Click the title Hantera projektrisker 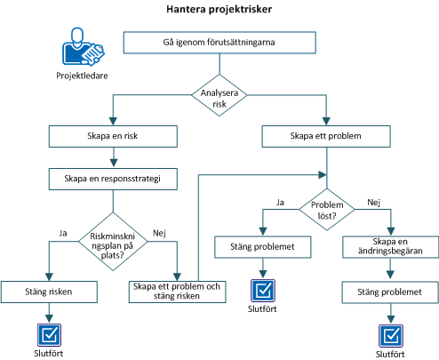pyautogui.click(x=219, y=11)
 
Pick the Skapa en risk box pyautogui.click(x=111, y=136)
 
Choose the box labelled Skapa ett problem pyautogui.click(x=326, y=136)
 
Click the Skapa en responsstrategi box pyautogui.click(x=111, y=178)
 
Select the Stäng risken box pyautogui.click(x=48, y=291)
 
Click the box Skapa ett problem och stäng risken pyautogui.click(x=176, y=291)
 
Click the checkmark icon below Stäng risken pyautogui.click(x=48, y=334)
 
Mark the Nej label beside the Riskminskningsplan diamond pyautogui.click(x=159, y=232)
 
